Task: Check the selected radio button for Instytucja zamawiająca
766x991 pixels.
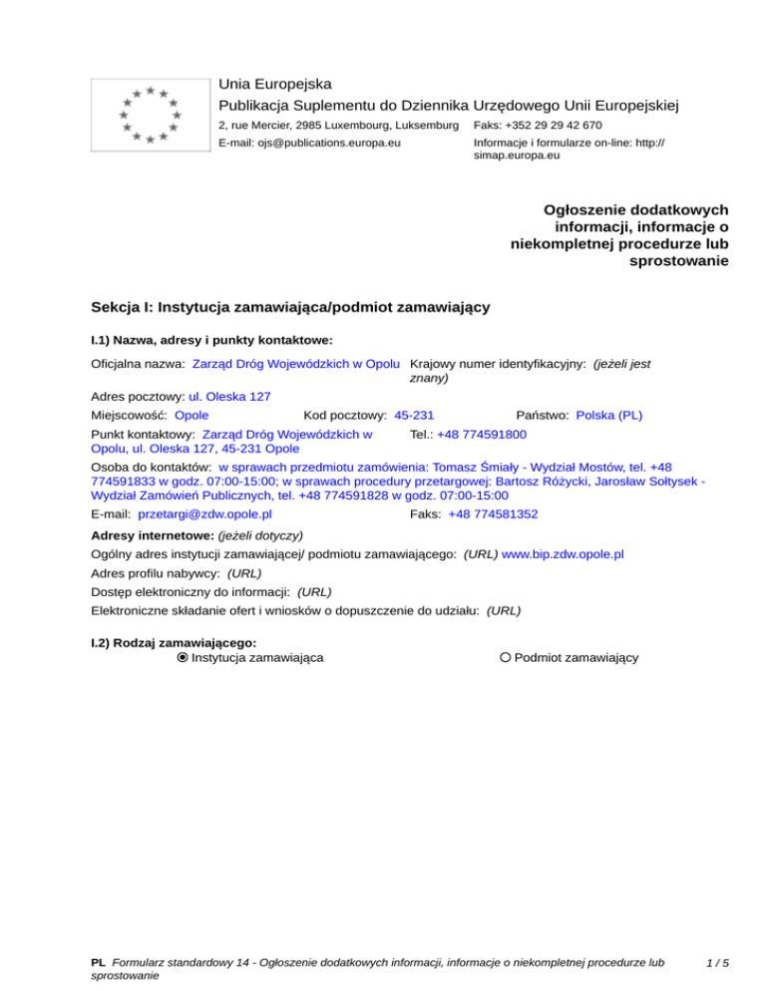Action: [x=183, y=658]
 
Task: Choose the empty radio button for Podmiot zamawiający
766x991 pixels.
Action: [x=507, y=658]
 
